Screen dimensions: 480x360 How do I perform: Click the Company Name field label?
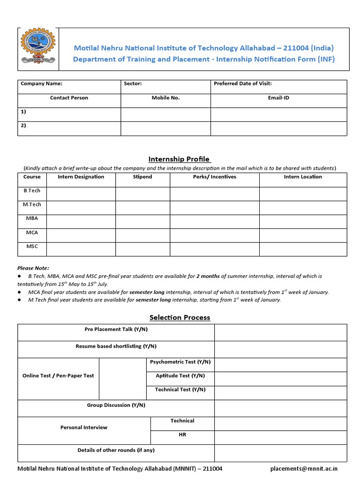42,84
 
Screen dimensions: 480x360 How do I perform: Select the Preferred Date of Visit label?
242,84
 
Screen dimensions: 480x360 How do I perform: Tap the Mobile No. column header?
165,98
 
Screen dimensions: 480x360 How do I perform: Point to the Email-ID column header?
278,98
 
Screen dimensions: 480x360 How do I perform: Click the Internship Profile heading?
180,159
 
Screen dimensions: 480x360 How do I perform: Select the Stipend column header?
142,177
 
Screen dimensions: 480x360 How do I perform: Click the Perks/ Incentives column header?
214,177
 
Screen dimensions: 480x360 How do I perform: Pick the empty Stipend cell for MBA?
142,222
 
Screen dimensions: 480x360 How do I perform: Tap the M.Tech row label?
32,205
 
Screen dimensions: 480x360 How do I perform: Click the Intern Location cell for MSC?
303,249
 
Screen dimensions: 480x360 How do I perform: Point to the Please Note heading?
33,268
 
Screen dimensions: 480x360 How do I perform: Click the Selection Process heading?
180,318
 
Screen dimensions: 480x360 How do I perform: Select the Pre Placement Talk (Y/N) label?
116,330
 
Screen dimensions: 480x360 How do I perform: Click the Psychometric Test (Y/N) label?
180,362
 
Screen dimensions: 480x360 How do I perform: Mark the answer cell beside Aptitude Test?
280,379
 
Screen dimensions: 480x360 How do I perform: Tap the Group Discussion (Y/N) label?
116,405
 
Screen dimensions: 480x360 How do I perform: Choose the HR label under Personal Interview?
182,435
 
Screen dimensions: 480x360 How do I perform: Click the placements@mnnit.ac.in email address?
304,469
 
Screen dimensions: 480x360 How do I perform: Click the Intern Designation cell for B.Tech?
81,194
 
